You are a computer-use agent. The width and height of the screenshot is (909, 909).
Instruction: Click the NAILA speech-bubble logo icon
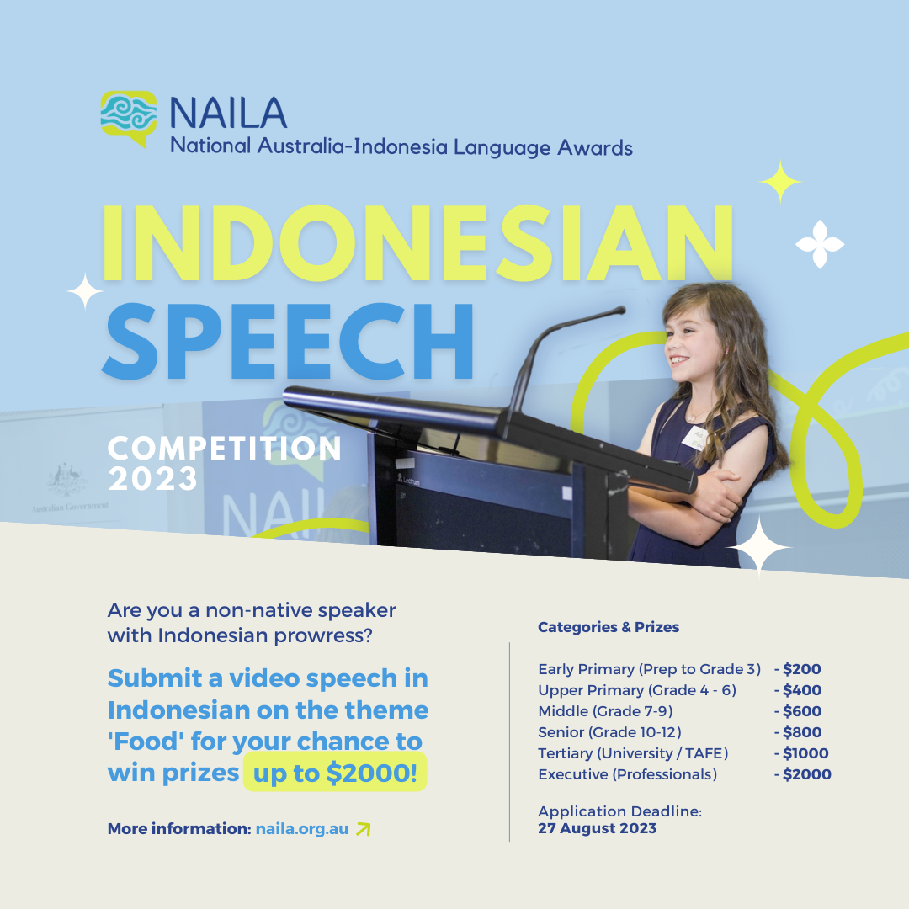coord(128,116)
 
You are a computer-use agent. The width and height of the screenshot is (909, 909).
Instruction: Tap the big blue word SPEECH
coord(288,342)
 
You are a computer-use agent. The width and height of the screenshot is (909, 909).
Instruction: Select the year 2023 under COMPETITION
coord(152,480)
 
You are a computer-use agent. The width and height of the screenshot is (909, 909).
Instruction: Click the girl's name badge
coord(695,439)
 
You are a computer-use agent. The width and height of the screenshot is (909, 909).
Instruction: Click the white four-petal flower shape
coord(820,244)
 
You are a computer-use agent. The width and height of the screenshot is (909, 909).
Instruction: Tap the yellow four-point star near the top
coord(780,182)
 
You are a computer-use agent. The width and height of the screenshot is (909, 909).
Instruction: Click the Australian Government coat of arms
coord(66,480)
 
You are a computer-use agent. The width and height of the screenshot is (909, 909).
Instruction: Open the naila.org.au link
coord(302,829)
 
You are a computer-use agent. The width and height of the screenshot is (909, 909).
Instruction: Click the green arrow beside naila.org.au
coord(363,829)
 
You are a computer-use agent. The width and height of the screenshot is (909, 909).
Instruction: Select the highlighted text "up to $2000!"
coord(335,773)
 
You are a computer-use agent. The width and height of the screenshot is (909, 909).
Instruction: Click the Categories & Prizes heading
coord(609,627)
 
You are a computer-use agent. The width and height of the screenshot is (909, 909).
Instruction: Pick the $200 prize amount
coord(802,669)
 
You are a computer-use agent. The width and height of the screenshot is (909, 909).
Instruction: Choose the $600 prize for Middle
coord(802,711)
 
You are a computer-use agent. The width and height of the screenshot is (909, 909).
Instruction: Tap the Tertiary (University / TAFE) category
coord(633,753)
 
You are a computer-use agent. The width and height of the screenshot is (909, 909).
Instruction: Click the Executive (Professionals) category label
coord(627,774)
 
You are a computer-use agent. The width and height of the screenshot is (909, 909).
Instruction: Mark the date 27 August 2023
coord(597,828)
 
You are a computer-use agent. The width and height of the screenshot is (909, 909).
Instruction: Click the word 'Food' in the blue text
coord(146,741)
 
